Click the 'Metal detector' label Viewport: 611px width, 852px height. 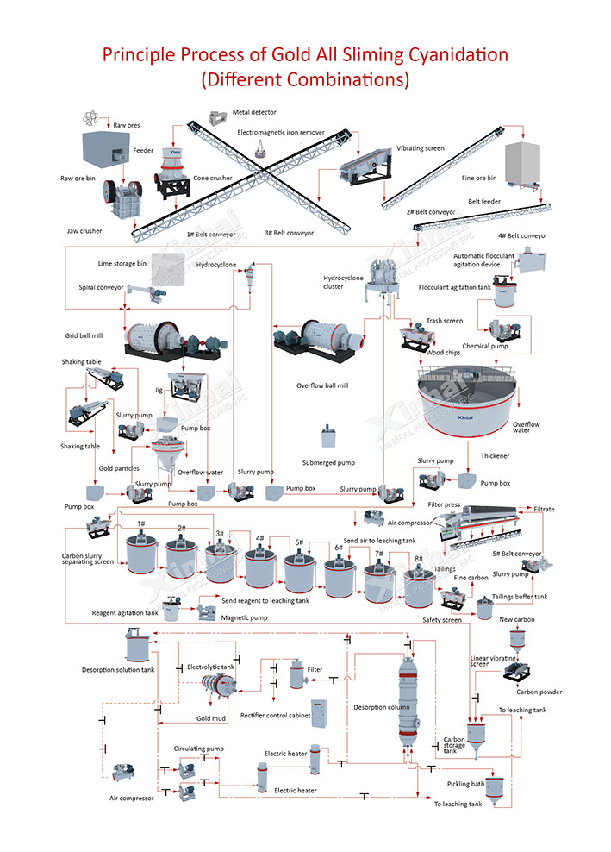[x=256, y=112]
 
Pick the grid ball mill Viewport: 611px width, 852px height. [x=155, y=337]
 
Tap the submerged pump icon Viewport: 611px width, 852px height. [x=328, y=436]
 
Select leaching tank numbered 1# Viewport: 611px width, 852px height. [x=140, y=553]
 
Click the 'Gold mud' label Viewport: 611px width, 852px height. [x=210, y=717]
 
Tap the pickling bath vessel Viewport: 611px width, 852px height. [x=493, y=786]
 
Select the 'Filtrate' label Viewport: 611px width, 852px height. [x=544, y=509]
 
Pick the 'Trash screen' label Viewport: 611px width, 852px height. [x=445, y=321]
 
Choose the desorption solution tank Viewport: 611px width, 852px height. [x=135, y=645]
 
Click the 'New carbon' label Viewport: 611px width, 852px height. [x=517, y=619]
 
